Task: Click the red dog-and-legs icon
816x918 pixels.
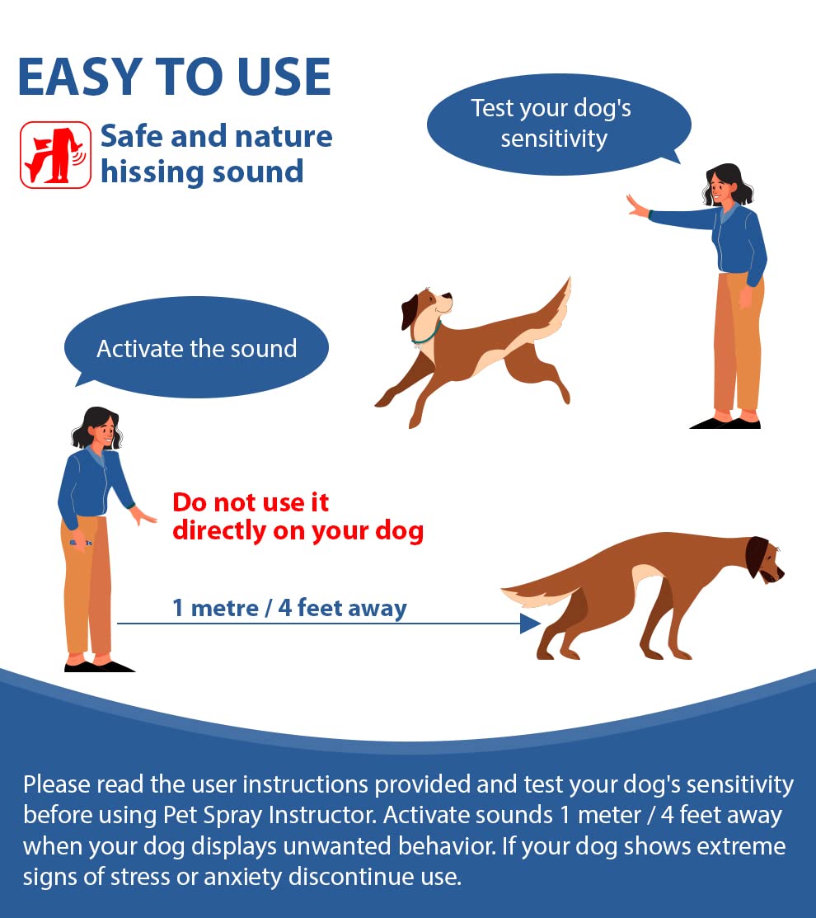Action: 55,155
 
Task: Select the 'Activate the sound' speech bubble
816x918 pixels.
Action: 196,348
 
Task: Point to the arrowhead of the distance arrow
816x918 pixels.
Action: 530,624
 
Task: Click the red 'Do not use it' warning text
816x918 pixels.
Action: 251,501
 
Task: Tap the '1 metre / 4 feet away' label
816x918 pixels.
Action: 289,609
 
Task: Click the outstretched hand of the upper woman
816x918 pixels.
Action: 637,206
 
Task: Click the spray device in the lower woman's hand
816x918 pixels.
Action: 80,543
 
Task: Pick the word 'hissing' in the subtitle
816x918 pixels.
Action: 152,172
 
